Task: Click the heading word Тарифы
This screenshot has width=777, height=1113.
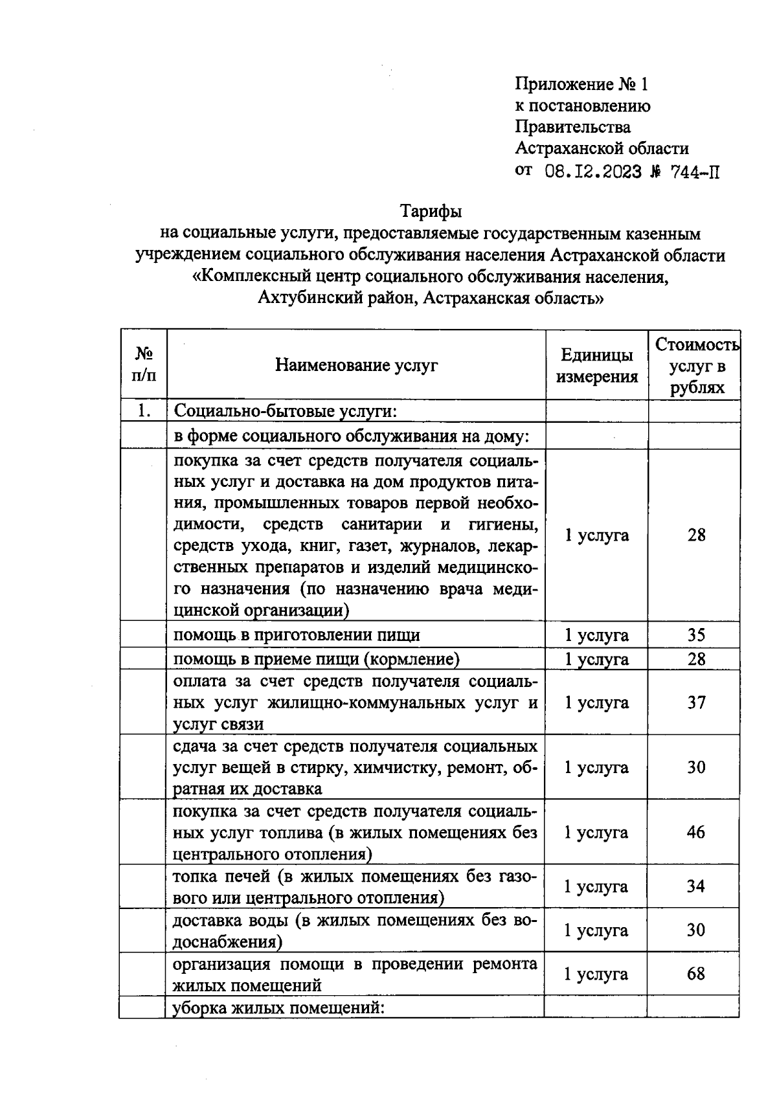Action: pos(431,211)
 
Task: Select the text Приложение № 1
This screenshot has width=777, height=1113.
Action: pos(581,84)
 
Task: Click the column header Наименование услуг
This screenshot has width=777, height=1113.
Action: pos(356,365)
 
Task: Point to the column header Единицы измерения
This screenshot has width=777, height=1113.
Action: pos(596,365)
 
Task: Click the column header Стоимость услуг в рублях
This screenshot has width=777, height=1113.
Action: pos(696,366)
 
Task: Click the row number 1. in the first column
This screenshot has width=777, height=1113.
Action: pos(144,410)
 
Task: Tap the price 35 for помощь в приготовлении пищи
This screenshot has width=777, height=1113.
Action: pos(696,635)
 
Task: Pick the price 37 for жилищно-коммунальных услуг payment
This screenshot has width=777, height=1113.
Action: pos(696,702)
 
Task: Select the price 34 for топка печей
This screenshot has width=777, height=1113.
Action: pos(695,886)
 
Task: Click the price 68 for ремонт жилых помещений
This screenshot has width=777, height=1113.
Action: pos(695,974)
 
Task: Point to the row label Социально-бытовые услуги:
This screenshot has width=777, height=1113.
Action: pos(286,411)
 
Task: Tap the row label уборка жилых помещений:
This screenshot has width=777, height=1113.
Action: pos(278,1008)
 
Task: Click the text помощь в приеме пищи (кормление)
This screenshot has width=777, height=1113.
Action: pos(317,659)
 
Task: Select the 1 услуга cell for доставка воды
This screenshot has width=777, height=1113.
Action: pos(596,930)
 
